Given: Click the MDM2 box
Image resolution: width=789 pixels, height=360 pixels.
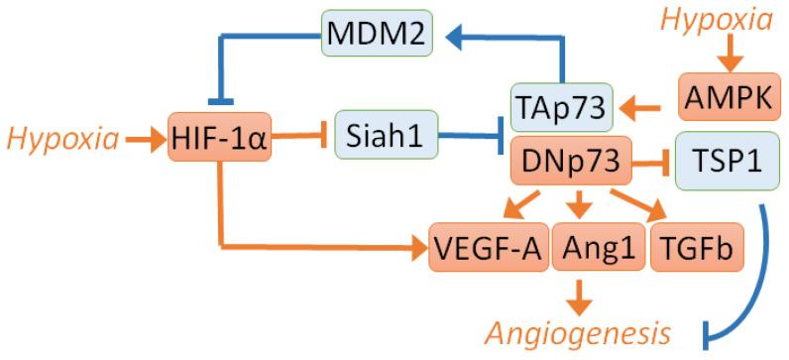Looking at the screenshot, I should pyautogui.click(x=378, y=39).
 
